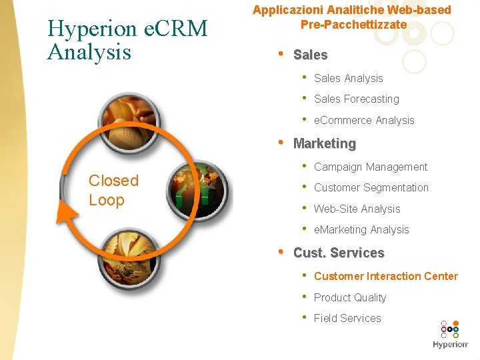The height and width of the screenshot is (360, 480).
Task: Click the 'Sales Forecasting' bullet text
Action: pyautogui.click(x=356, y=99)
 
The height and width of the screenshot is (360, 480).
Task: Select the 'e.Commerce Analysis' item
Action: pyautogui.click(x=364, y=121)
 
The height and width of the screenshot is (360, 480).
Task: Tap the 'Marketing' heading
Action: pyautogui.click(x=325, y=143)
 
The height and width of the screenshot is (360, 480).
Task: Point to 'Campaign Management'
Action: pyautogui.click(x=371, y=167)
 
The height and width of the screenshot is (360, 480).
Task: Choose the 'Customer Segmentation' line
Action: pyautogui.click(x=371, y=188)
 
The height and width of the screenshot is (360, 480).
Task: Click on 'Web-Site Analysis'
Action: pyautogui.click(x=357, y=209)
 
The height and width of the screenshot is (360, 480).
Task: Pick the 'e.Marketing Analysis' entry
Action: pyautogui.click(x=361, y=230)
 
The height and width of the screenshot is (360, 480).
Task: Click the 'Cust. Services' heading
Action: pyautogui.click(x=339, y=253)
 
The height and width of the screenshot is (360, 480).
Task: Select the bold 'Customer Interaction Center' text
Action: pyautogui.click(x=386, y=277)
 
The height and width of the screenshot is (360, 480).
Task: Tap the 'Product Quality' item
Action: pyautogui.click(x=350, y=298)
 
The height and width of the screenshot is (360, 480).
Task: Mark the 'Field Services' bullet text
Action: pyautogui.click(x=347, y=319)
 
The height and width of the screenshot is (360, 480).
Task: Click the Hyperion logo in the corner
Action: pyautogui.click(x=451, y=335)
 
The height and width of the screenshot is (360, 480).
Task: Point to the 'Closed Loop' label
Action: pyautogui.click(x=113, y=190)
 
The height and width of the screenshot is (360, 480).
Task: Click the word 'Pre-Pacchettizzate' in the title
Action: pyautogui.click(x=353, y=25)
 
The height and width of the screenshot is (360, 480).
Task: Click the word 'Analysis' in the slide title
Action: pyautogui.click(x=89, y=51)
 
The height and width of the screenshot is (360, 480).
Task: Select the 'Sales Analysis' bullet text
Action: pyautogui.click(x=348, y=79)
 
